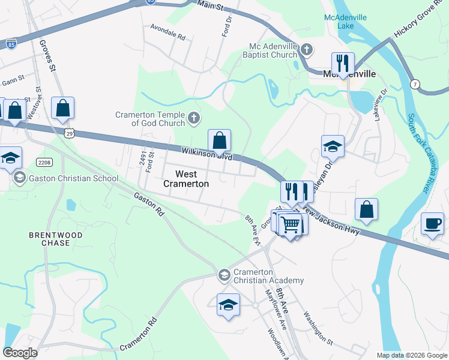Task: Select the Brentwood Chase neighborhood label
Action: tap(49, 239)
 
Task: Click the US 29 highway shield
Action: tap(70, 135)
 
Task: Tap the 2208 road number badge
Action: tap(44, 162)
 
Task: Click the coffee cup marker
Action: tap(432, 224)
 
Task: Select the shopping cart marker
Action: tap(291, 225)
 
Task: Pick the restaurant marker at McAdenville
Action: tap(343, 63)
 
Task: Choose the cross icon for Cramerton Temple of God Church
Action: tap(193, 118)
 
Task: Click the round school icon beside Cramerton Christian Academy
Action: tap(224, 275)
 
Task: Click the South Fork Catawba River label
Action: tap(420, 154)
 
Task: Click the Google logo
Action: tap(20, 353)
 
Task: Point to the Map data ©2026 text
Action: tap(411, 355)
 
